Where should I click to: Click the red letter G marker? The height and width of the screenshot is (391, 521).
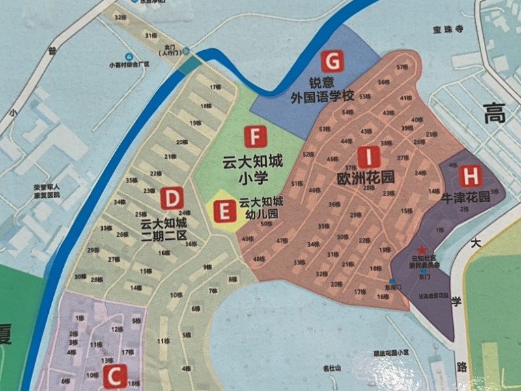(333, 62)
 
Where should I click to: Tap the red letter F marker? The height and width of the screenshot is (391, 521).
(255, 138)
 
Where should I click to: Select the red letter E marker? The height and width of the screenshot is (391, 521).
(223, 212)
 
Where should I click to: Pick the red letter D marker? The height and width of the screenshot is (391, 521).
(173, 197)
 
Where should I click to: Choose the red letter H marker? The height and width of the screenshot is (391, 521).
(470, 176)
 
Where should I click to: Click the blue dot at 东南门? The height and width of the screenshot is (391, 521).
(392, 281)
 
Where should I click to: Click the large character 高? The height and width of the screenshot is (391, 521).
(493, 116)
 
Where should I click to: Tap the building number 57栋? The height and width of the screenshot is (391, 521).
(401, 67)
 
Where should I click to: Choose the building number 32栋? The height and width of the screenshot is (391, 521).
(119, 17)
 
